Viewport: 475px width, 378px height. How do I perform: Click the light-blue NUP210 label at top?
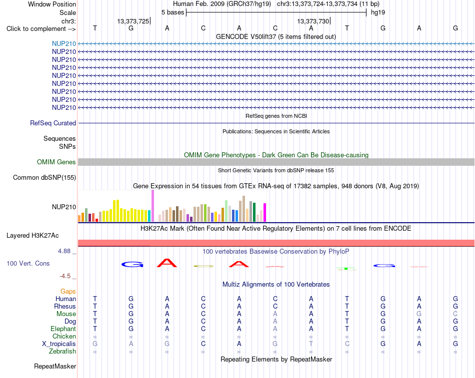click(x=64, y=44)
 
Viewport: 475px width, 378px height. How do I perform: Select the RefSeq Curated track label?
click(x=53, y=123)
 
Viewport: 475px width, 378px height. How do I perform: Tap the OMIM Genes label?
click(x=56, y=162)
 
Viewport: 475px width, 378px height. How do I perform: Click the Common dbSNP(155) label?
click(x=44, y=178)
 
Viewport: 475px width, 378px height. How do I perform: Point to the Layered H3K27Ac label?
click(x=32, y=236)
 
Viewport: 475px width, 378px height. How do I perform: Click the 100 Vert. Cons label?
click(x=28, y=264)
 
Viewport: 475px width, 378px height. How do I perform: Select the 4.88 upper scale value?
click(x=64, y=251)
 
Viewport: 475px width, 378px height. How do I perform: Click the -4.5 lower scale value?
click(x=65, y=276)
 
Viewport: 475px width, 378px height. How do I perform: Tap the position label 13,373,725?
click(x=133, y=21)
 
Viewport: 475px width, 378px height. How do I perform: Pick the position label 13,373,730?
click(x=313, y=21)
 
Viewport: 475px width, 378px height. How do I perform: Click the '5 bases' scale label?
click(x=172, y=12)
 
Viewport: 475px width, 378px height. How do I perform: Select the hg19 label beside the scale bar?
click(x=378, y=12)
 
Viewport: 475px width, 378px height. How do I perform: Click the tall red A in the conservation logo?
click(x=167, y=263)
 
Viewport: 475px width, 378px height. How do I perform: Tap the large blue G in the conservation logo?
click(x=132, y=265)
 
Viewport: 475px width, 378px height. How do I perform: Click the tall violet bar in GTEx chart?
click(x=152, y=206)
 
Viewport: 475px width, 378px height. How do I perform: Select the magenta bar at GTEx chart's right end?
click(x=265, y=212)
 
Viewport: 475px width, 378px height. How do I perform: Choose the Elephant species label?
click(x=63, y=329)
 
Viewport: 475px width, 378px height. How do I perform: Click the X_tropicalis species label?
click(x=59, y=344)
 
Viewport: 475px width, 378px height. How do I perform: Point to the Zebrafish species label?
click(x=62, y=352)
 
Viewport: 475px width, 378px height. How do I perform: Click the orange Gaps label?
click(x=68, y=292)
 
